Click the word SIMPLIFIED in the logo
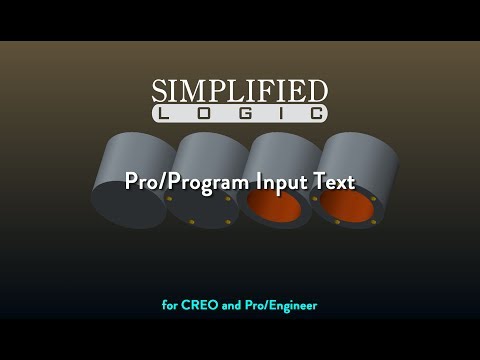click(240, 91)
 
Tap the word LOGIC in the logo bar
click(240, 114)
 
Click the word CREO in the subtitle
click(199, 304)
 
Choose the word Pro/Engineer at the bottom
click(281, 304)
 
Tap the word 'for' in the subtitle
click(169, 304)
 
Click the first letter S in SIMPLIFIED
click(160, 92)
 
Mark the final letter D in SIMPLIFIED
click(318, 92)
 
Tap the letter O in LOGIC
click(211, 114)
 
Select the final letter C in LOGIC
click(315, 114)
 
